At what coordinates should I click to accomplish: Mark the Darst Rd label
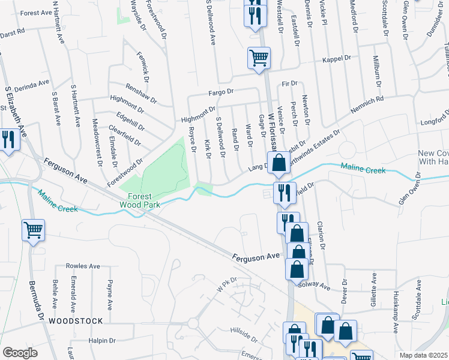point(13,30)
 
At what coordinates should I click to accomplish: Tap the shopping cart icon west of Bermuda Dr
point(33,229)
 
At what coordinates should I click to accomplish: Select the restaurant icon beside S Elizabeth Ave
point(7,140)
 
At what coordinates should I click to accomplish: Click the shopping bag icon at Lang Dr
point(279,162)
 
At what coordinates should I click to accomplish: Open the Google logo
point(20,353)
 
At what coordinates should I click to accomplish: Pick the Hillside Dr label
point(244,331)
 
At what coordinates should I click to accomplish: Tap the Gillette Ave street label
point(373,287)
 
